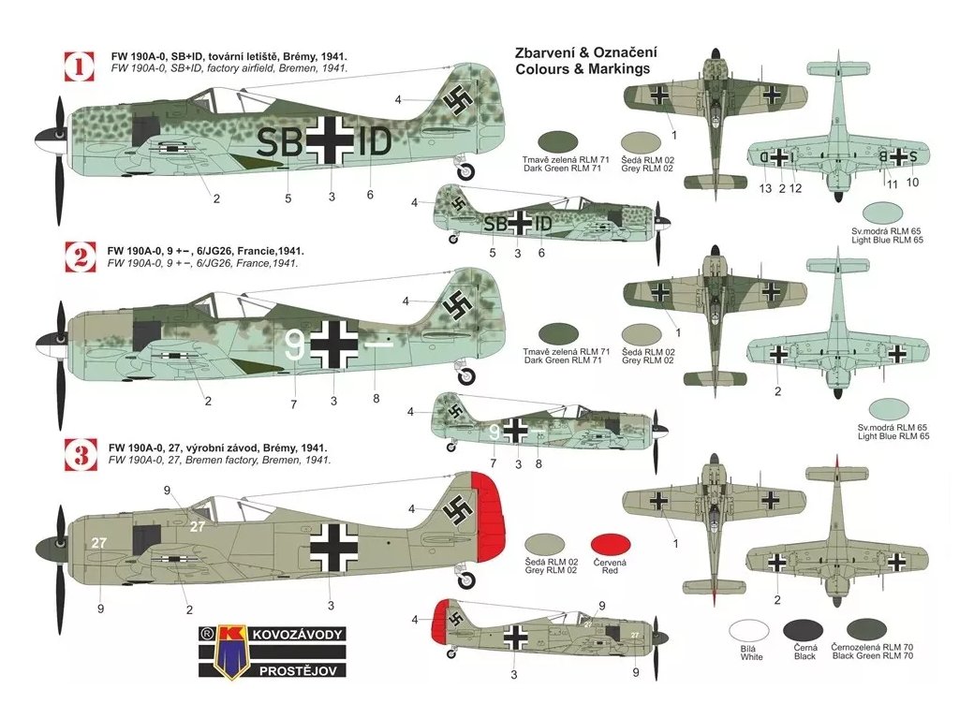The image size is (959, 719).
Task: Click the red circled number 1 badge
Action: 80,67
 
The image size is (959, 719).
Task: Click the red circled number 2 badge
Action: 80,256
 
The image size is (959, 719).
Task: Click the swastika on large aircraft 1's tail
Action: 458,101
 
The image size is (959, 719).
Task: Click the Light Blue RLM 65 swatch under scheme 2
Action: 893,409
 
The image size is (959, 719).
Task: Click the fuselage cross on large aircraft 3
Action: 332,545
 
